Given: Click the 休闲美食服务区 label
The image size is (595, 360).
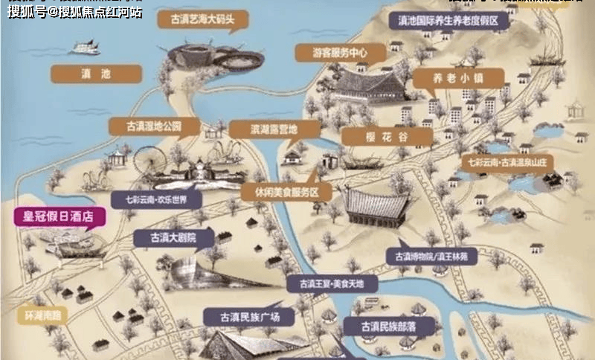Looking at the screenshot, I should (x=280, y=192).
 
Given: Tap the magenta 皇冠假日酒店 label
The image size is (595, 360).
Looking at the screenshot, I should (x=59, y=217).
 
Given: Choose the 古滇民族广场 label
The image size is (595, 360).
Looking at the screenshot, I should (x=248, y=316).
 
